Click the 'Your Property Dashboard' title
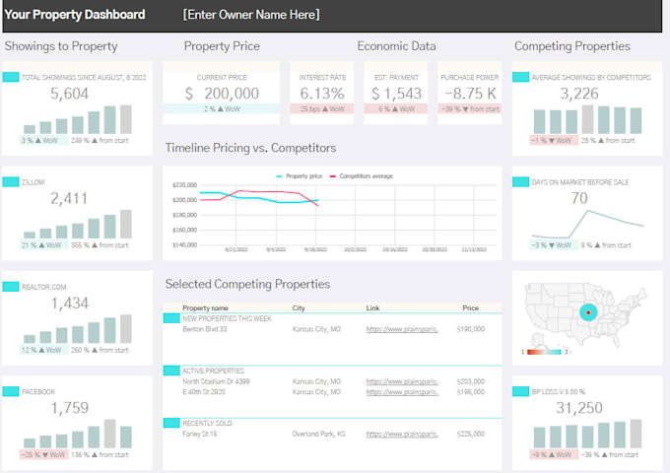click(75, 15)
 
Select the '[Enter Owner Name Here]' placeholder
click(250, 15)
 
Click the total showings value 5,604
click(69, 94)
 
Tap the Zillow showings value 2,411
click(69, 199)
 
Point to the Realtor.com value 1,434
click(69, 303)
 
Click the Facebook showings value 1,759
click(69, 407)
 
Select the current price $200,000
click(222, 94)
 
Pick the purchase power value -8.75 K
click(469, 94)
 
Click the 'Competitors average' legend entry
click(366, 175)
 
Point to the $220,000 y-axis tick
click(184, 185)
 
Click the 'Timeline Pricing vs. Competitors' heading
click(250, 148)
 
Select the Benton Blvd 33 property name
click(206, 329)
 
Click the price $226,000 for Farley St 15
click(470, 433)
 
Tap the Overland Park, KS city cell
click(318, 433)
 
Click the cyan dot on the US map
click(588, 312)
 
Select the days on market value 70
click(579, 199)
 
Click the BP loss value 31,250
click(579, 407)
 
